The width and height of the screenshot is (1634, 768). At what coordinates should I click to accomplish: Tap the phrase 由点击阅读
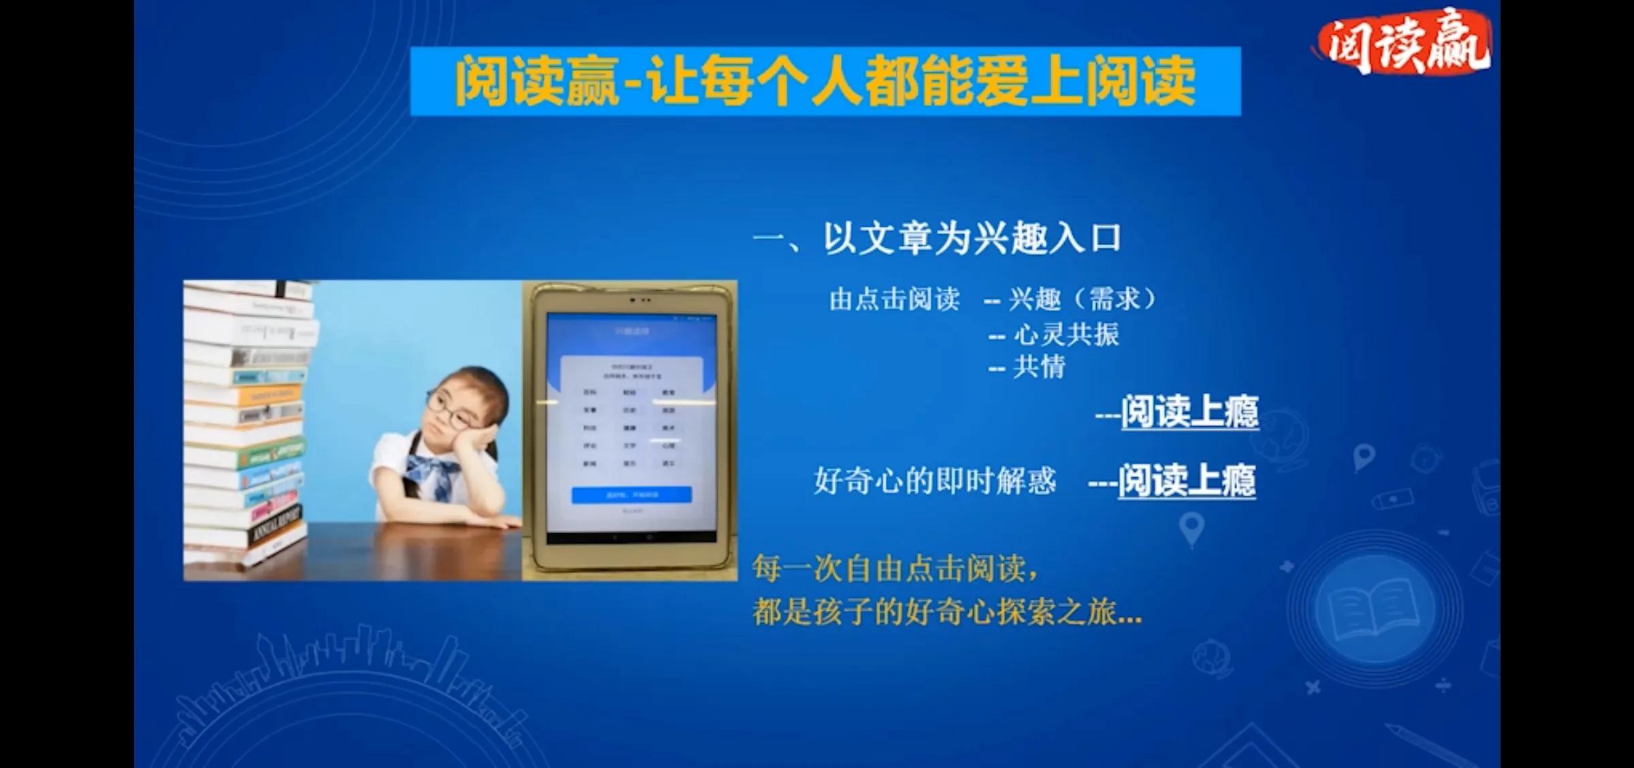pos(895,300)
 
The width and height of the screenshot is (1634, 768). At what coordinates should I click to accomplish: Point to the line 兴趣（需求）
pos(1083,300)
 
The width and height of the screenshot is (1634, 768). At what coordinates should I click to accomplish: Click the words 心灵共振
pos(1066,334)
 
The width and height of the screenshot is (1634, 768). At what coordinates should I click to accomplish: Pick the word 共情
pos(1039,368)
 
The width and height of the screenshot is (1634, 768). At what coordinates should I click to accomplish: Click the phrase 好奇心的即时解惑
pos(935,481)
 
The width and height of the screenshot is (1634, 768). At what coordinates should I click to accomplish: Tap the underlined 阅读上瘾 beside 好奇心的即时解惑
pos(1186,480)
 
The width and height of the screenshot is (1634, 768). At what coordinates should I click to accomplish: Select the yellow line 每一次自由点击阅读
pos(895,569)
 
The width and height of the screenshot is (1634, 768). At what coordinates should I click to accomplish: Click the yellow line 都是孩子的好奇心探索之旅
pos(946,612)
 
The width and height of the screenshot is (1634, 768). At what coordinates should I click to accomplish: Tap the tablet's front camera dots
pos(640,300)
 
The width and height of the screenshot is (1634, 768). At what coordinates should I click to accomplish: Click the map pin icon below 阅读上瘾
pos(1191,529)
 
